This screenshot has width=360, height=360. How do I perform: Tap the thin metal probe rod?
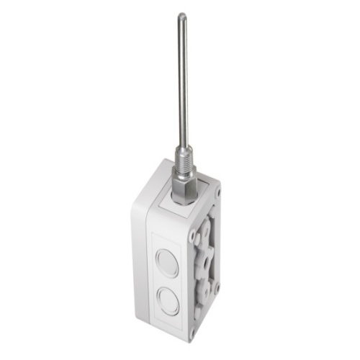coord(183,79)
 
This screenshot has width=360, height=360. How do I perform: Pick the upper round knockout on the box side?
coord(167,263)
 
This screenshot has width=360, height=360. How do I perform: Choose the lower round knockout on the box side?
coord(168,301)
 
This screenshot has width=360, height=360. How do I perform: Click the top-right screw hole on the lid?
coord(217,193)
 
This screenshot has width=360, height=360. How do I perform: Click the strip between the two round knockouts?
coord(167,282)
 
